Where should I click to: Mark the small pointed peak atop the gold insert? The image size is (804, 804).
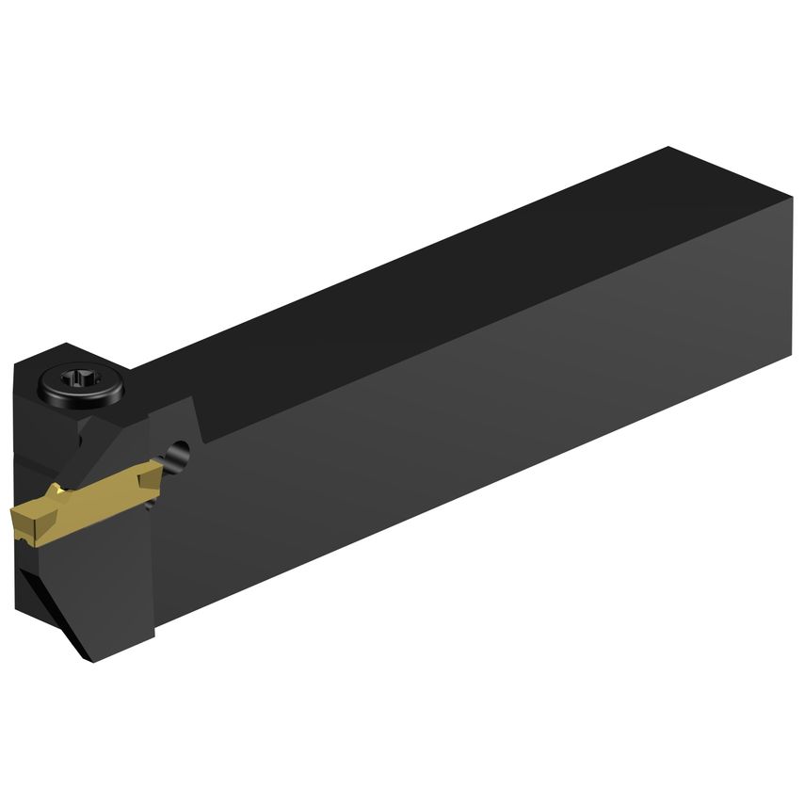pyautogui.click(x=58, y=489)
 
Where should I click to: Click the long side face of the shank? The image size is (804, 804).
pyautogui.click(x=471, y=424)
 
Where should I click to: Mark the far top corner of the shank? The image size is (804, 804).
pyautogui.click(x=669, y=148)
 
